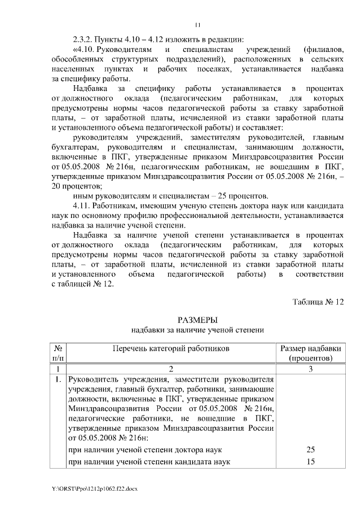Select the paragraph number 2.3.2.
pyautogui.click(x=85, y=40)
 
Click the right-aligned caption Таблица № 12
pyautogui.click(x=318, y=302)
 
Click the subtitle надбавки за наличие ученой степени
pyautogui.click(x=197, y=330)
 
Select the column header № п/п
pyautogui.click(x=58, y=353)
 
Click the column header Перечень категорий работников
pyautogui.click(x=171, y=348)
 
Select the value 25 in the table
pyautogui.click(x=309, y=449)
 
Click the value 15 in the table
pyautogui.click(x=309, y=462)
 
